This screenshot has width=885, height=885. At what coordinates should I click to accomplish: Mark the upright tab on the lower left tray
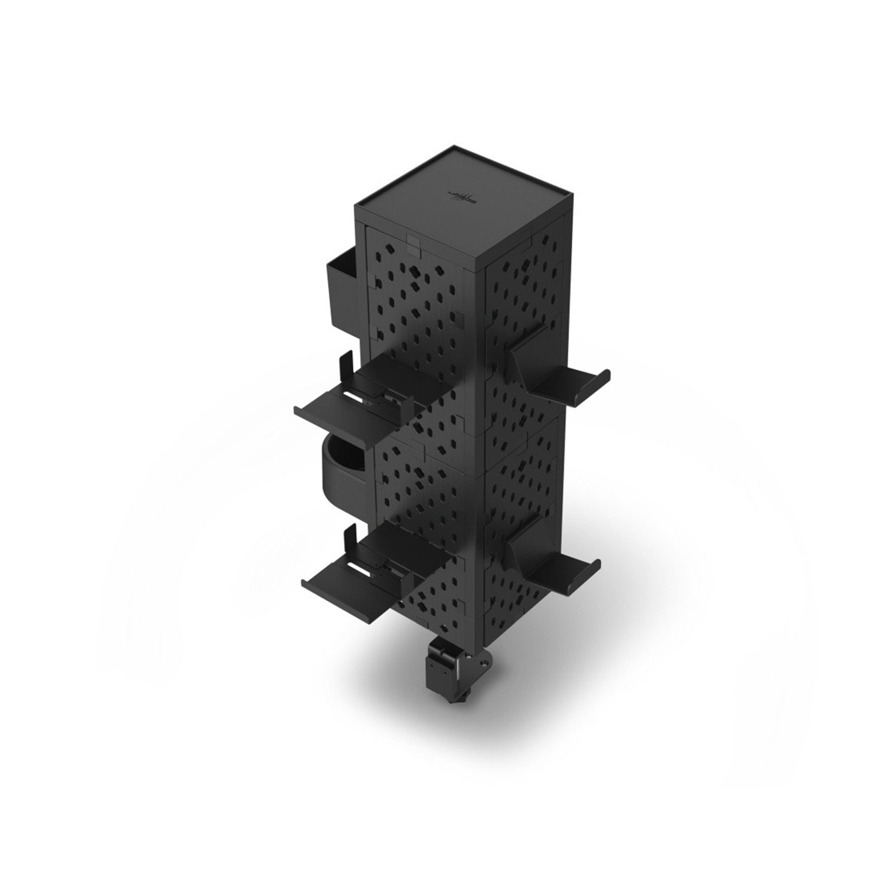[x=347, y=538]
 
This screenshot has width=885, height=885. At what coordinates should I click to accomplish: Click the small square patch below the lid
[x=413, y=243]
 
